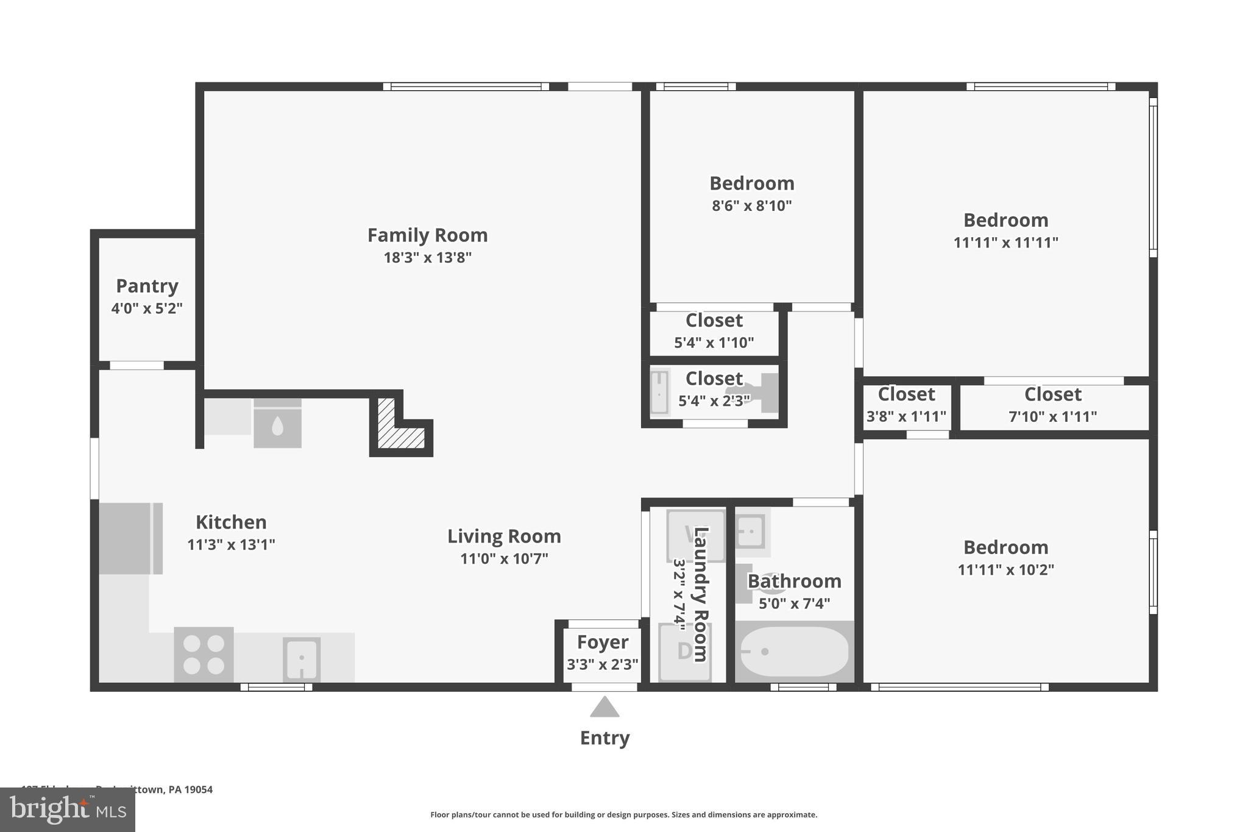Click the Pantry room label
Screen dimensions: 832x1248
pos(147,285)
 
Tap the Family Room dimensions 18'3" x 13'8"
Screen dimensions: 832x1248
pos(427,257)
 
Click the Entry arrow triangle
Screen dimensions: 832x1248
pos(604,708)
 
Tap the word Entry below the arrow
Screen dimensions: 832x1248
pos(604,738)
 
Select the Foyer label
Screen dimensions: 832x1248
pos(602,642)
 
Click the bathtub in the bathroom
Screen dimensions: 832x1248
pos(793,652)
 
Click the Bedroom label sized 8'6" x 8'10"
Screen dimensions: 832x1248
pos(751,183)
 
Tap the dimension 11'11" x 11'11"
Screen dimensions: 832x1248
pos(1005,243)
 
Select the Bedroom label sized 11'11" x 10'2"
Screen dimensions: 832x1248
pos(1005,547)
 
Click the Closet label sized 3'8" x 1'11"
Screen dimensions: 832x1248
pos(906,394)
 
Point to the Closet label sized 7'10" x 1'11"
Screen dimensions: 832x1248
pos(1052,394)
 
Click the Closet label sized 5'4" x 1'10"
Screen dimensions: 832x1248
pos(714,320)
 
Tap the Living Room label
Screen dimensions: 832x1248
pos(504,536)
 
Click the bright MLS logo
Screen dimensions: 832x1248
pos(68,809)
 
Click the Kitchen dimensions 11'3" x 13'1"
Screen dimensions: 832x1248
pos(231,544)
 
